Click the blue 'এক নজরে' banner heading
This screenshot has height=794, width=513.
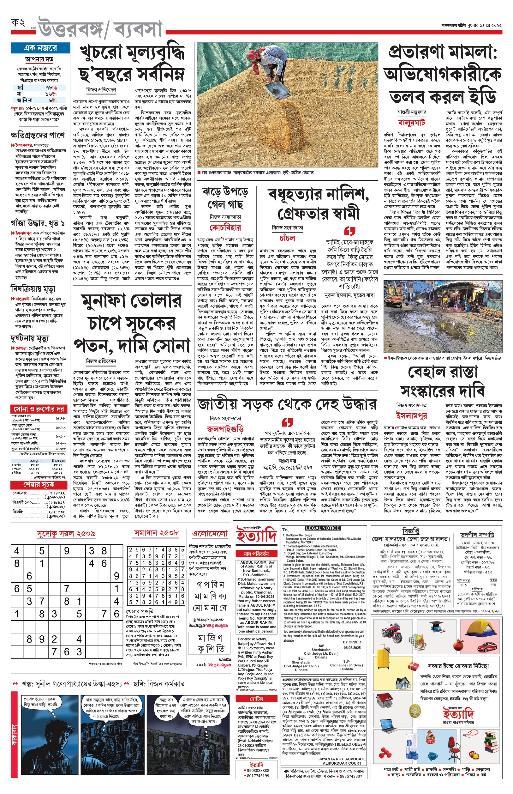coord(40,48)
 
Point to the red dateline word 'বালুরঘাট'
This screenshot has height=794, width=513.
coord(411,122)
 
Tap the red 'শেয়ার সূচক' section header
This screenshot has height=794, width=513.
coord(39,484)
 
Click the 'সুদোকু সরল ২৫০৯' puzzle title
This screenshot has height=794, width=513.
coord(66,534)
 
